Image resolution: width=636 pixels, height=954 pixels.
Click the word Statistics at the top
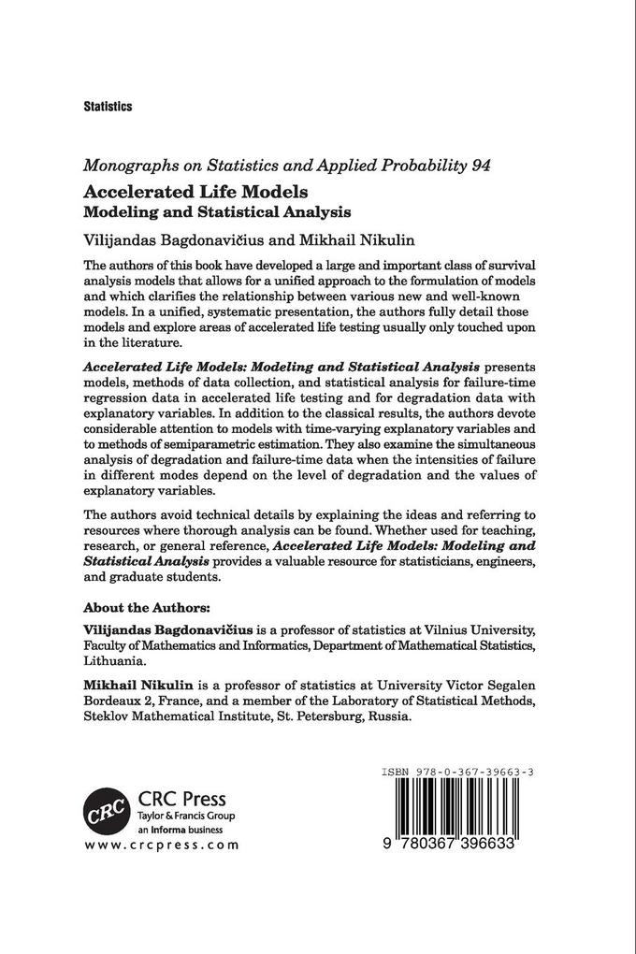[108, 107]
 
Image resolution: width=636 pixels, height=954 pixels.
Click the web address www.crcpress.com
[161, 845]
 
